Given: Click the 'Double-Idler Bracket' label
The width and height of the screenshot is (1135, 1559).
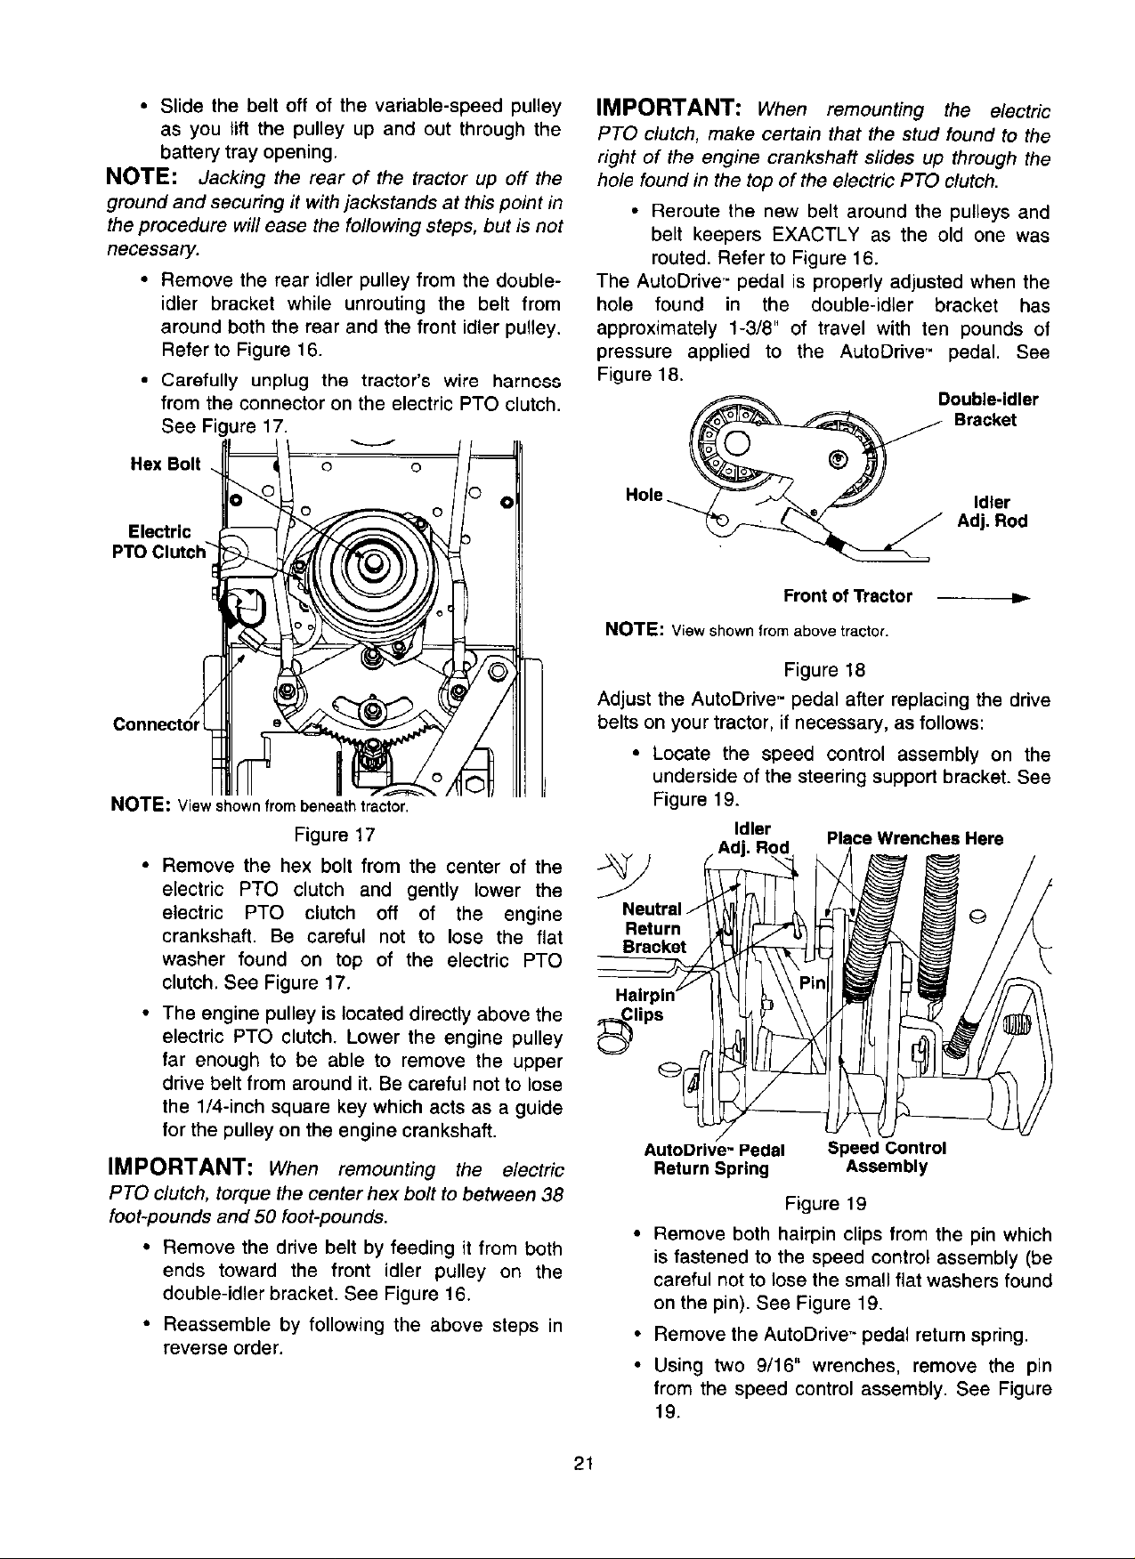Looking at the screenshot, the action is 988,409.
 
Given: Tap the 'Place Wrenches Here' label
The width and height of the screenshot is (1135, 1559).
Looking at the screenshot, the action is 915,838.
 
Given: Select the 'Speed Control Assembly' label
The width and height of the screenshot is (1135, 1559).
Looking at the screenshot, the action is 887,1157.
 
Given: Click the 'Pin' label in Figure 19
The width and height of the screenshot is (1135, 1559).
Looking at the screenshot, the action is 813,983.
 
